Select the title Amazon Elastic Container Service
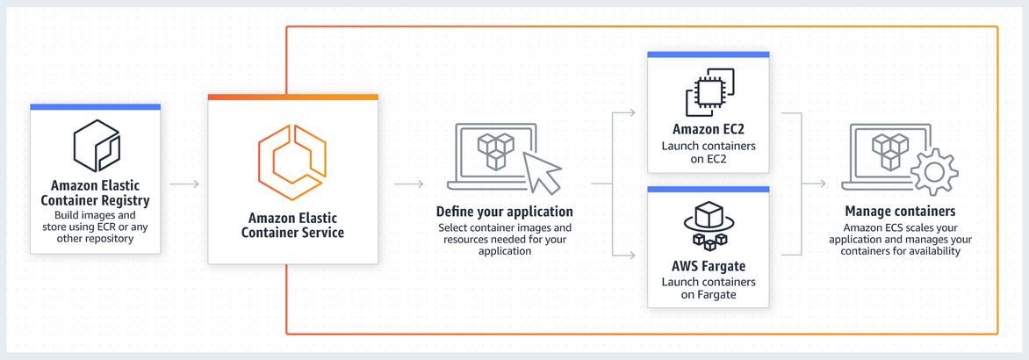[293, 226]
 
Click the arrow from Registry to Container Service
[184, 184]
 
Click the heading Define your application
[505, 212]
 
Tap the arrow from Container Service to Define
[409, 184]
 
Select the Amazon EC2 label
[709, 130]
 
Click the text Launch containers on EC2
[709, 152]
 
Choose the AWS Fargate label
[709, 266]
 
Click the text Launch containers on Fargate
[709, 288]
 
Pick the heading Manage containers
[900, 212]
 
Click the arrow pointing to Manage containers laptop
[817, 184]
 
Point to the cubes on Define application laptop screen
[493, 150]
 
